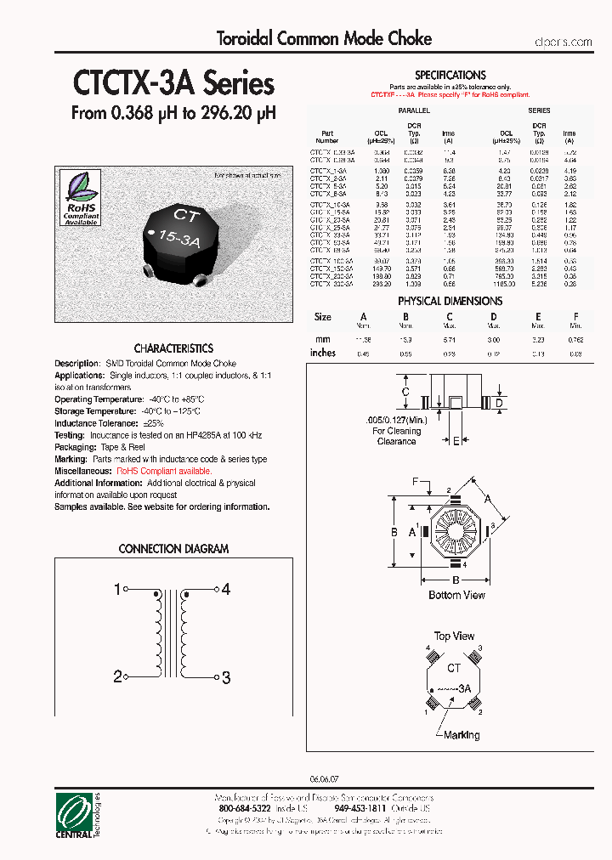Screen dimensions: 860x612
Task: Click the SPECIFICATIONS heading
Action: pos(450,76)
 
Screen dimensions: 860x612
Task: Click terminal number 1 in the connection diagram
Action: pos(117,588)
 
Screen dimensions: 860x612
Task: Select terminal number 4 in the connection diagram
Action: pos(226,588)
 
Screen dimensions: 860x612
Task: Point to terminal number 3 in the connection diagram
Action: pos(226,677)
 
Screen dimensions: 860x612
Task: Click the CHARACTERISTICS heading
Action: pos(173,348)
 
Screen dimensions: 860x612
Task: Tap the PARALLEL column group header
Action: pos(414,110)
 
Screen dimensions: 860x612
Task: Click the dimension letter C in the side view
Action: pos(406,392)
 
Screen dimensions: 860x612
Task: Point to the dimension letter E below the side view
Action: pos(456,441)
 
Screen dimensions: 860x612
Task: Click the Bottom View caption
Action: pos(456,595)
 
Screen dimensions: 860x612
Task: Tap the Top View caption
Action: pos(454,636)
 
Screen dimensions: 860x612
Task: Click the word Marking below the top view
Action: pos(462,735)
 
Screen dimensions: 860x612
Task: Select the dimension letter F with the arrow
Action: pos(416,482)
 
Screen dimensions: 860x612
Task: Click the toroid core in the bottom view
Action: pos(454,531)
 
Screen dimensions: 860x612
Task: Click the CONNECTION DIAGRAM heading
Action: pos(173,549)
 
